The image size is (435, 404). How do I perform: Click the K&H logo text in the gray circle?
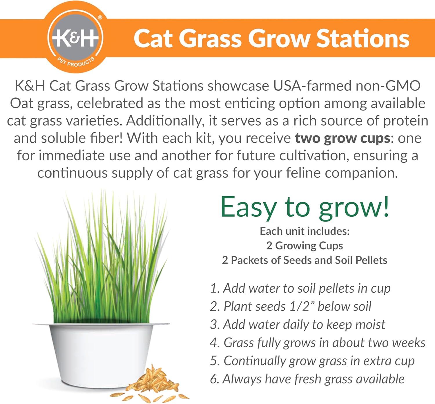click(75, 38)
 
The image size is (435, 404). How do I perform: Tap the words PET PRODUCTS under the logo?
click(76, 62)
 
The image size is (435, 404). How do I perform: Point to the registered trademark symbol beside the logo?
click(100, 17)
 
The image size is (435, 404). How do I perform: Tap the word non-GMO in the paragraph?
click(388, 86)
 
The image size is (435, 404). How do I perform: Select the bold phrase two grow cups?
click(342, 138)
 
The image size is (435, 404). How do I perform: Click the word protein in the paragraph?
click(405, 121)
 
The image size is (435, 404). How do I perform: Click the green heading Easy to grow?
click(305, 207)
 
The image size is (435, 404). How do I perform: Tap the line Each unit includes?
click(305, 231)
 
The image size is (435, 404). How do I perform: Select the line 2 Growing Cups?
click(305, 246)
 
